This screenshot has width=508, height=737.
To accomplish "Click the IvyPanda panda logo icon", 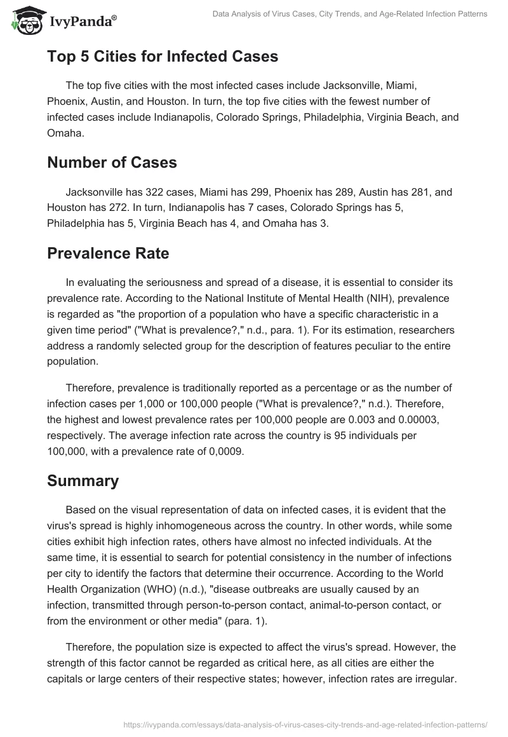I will click(x=25, y=22).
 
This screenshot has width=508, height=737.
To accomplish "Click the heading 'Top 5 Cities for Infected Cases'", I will click(x=163, y=57).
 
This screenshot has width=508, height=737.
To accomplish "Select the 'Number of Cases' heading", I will click(x=112, y=162).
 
